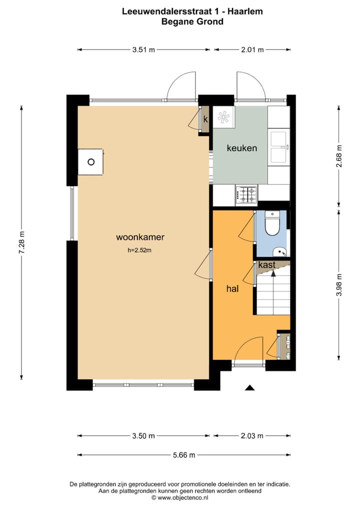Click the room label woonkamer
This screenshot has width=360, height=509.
coord(140,237)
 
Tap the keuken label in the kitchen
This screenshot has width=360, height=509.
coord(242,148)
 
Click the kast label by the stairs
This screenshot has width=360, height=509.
coord(266,265)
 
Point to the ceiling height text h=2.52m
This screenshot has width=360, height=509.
coord(139,250)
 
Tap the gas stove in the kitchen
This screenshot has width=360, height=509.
coord(246,194)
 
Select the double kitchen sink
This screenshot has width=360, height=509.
coord(278,147)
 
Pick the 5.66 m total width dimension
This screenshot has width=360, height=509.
coord(184,454)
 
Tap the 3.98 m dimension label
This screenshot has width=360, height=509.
coord(339,285)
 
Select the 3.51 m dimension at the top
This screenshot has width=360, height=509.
coord(143,49)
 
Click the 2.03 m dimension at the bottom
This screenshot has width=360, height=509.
coord(252,435)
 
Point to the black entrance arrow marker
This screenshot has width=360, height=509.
coord(249,387)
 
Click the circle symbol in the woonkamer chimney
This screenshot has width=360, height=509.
coord(91,161)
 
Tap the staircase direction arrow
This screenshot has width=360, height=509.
coord(273,273)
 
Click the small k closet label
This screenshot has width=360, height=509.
coord(205,119)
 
